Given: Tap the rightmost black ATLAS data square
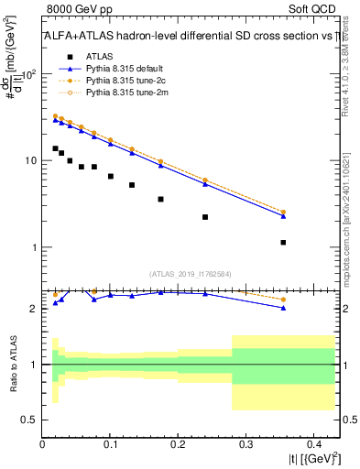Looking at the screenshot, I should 283,243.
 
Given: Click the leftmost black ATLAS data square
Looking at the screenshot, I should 55,148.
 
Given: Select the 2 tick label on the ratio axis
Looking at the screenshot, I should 33,309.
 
